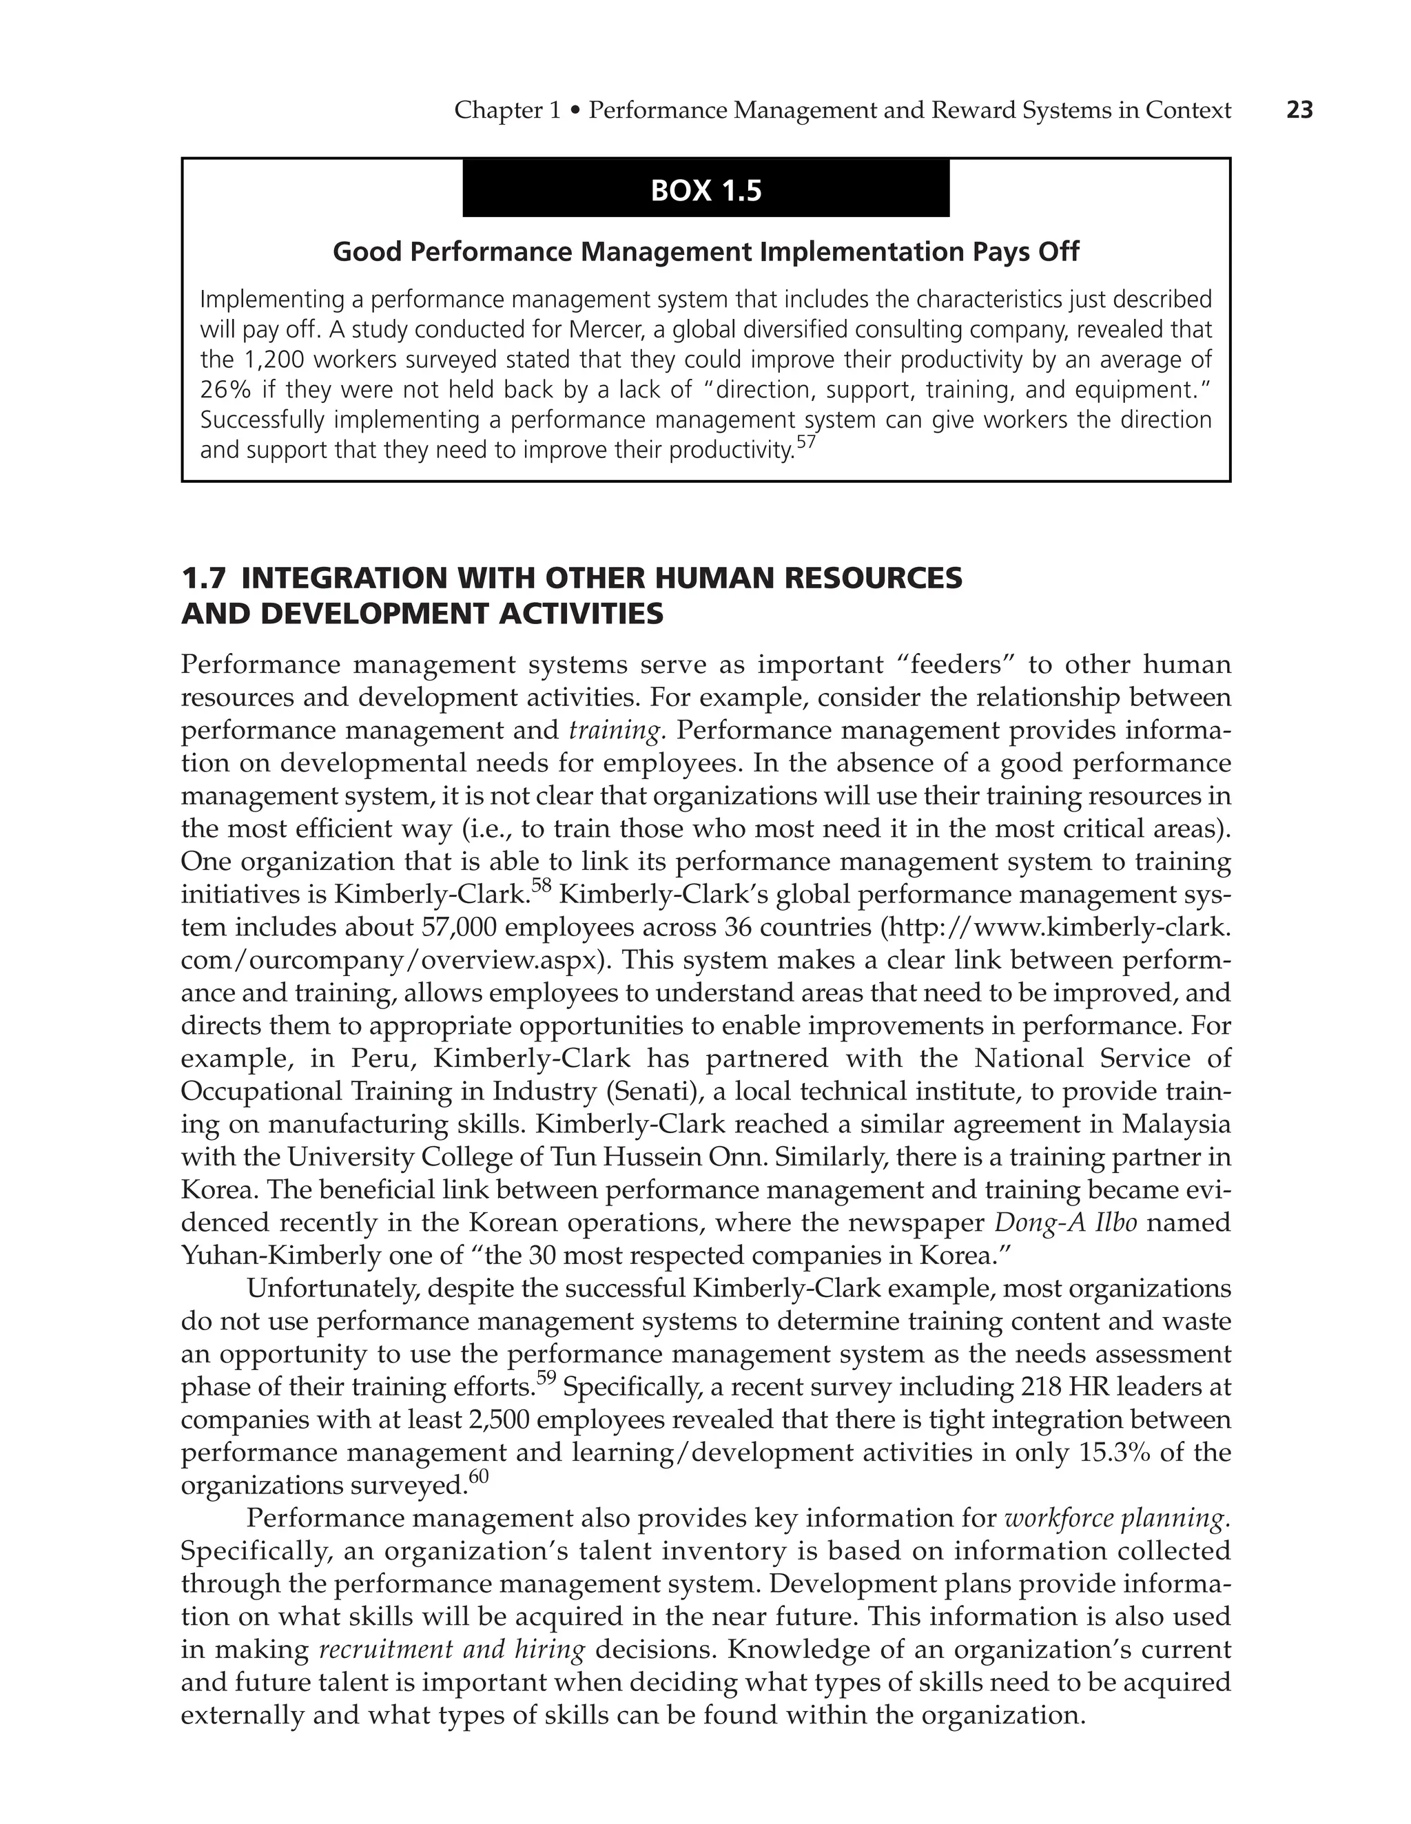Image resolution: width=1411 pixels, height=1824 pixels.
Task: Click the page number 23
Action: [x=1300, y=110]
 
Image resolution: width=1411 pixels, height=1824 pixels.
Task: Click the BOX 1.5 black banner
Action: [x=706, y=190]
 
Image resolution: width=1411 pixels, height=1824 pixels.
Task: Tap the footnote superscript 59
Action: [x=545, y=1380]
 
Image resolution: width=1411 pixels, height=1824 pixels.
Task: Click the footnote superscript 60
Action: [x=478, y=1478]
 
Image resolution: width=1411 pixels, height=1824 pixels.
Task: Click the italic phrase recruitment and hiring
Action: [x=452, y=1650]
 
